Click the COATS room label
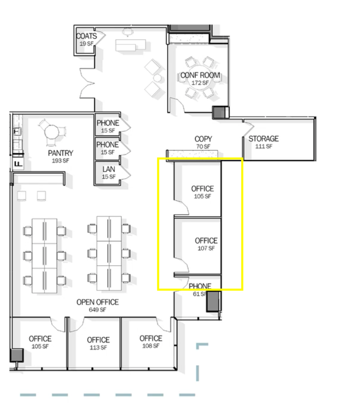pyautogui.click(x=87, y=36)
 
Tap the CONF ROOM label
pyautogui.click(x=200, y=75)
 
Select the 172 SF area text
pyautogui.click(x=200, y=83)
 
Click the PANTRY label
pyautogui.click(x=61, y=153)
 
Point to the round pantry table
pyautogui.click(x=51, y=132)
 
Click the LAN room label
pyautogui.click(x=109, y=169)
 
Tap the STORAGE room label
pyautogui.click(x=264, y=138)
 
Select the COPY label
pyautogui.click(x=203, y=139)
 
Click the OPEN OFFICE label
pyautogui.click(x=98, y=302)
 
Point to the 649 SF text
pyautogui.click(x=97, y=310)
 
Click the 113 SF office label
pyautogui.click(x=98, y=348)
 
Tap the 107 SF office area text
pyautogui.click(x=206, y=248)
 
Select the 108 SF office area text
pyautogui.click(x=151, y=346)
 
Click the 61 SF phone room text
pyautogui.click(x=200, y=294)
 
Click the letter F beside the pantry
pyautogui.click(x=18, y=164)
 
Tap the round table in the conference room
pyautogui.click(x=200, y=78)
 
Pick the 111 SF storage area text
pyautogui.click(x=264, y=146)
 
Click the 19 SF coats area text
pyautogui.click(x=87, y=44)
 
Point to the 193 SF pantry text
pyautogui.click(x=61, y=161)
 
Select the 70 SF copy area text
pyautogui.click(x=203, y=146)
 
